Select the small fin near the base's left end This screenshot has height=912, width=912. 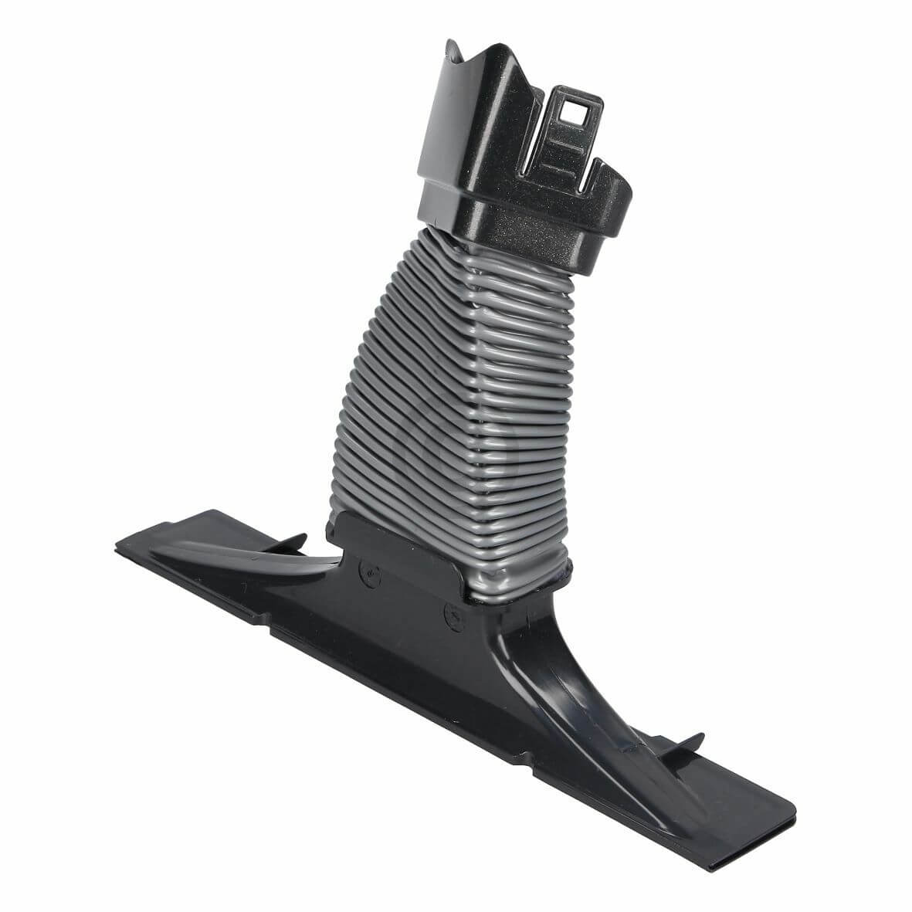[x=293, y=541]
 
